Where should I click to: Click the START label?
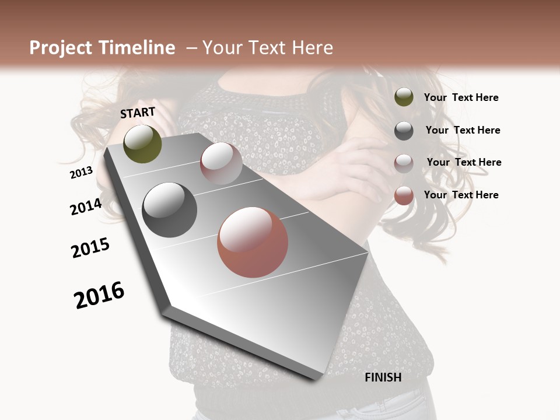pos(138,113)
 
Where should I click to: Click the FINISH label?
pos(383,377)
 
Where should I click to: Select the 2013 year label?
pos(82,173)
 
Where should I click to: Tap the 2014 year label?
pos(86,206)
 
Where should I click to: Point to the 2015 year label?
pos(90,248)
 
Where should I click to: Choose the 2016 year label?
pos(99,295)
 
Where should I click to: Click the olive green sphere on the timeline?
pos(142,143)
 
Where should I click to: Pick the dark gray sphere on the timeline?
pos(170,210)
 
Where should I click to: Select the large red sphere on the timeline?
pos(253,242)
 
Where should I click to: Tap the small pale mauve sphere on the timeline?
pos(221,163)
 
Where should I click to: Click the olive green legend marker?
pos(404,97)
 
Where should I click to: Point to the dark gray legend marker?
pos(404,131)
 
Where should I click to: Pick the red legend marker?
pos(404,195)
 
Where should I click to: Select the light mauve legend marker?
pos(404,163)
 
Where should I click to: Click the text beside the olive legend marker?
pos(461,97)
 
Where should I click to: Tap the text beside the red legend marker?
pos(461,195)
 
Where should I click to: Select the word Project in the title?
pos(61,48)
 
